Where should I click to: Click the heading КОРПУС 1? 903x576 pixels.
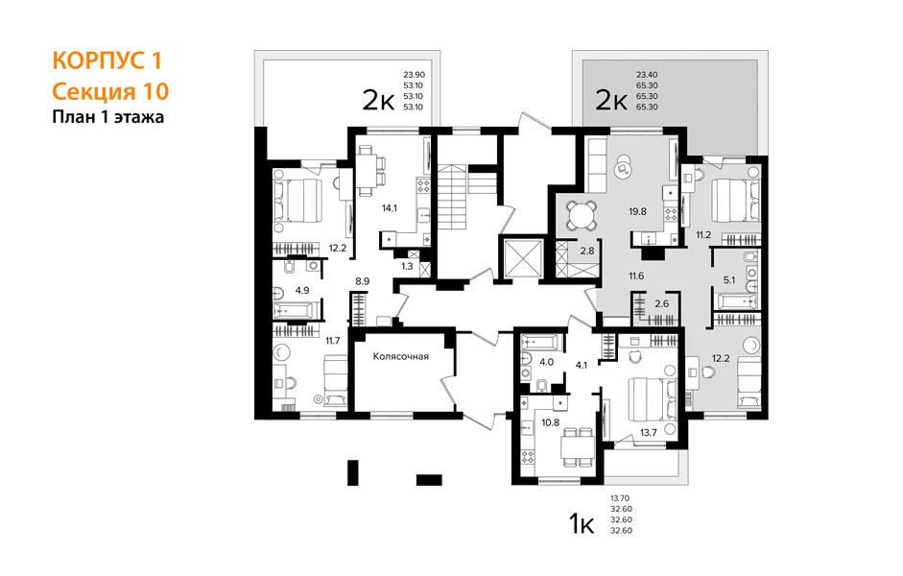[107, 60]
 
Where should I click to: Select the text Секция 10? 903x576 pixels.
[110, 91]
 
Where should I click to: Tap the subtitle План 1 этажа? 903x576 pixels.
[108, 117]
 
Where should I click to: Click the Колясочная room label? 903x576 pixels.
[401, 356]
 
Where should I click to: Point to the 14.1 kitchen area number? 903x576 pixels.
[390, 208]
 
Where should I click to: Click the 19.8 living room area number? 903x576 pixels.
[637, 211]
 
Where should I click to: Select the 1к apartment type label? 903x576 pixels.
[582, 525]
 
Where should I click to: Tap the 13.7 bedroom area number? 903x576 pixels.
[649, 433]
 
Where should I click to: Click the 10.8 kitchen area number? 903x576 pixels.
[551, 422]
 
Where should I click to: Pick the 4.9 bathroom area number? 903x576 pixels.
[302, 290]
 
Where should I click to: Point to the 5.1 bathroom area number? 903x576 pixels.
[729, 280]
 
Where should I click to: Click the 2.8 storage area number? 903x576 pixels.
[587, 252]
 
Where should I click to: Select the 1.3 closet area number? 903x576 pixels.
[407, 266]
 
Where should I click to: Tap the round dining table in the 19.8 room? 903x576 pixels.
[582, 215]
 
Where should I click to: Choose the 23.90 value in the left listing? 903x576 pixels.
[414, 74]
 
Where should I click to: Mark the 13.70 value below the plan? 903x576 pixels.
[621, 498]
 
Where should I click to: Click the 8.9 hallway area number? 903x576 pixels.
[362, 281]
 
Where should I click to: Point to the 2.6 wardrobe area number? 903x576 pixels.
[662, 303]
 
